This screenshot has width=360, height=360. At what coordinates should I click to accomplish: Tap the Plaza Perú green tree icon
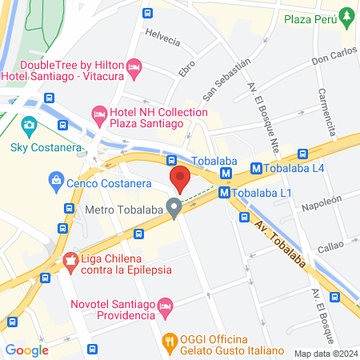tap(346, 15)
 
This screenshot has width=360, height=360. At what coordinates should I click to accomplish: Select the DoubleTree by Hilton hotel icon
tap(134, 66)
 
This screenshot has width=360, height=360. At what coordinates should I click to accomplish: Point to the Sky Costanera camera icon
tap(30, 125)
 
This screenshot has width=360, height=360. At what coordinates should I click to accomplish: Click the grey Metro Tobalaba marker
tap(174, 210)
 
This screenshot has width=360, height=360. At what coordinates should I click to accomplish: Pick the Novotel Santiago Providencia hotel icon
tap(165, 305)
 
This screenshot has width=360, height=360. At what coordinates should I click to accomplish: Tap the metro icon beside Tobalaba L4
tap(257, 169)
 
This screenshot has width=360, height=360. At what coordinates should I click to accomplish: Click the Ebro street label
tap(186, 66)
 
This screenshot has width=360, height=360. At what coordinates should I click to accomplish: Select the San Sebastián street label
tap(221, 79)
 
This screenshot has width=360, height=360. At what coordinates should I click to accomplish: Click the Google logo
tap(26, 350)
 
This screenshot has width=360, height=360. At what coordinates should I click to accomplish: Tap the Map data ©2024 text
tap(325, 354)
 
